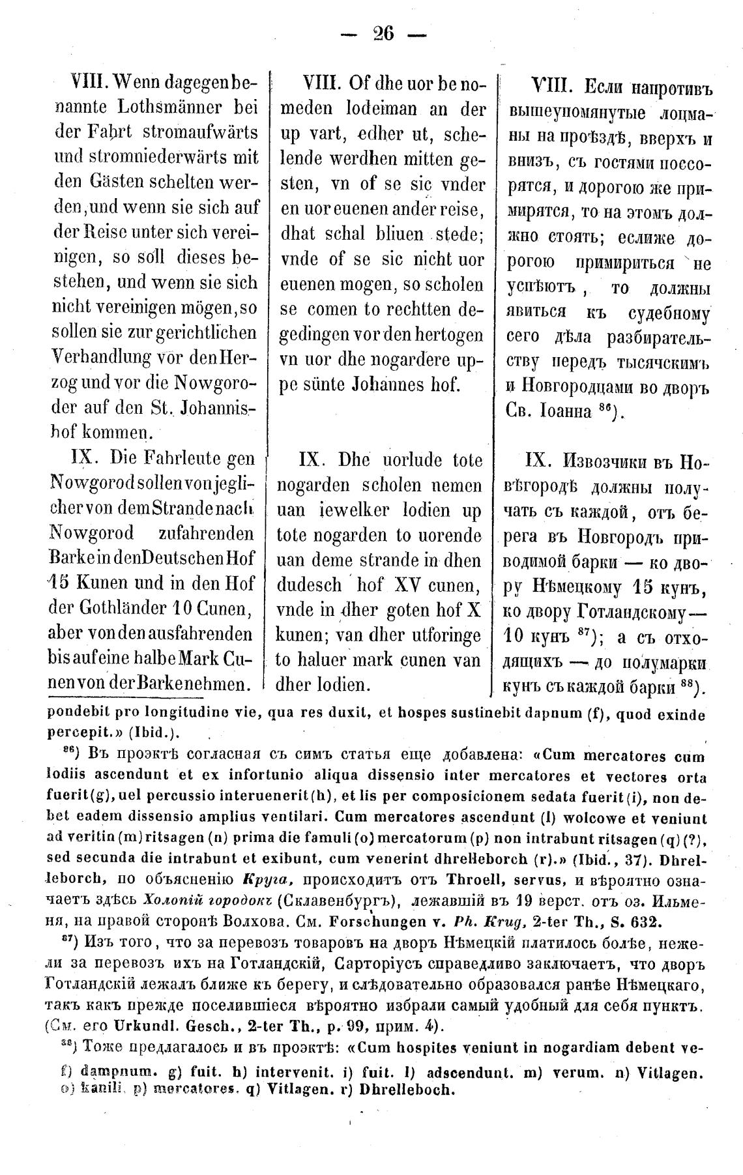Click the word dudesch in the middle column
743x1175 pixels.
310,586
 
